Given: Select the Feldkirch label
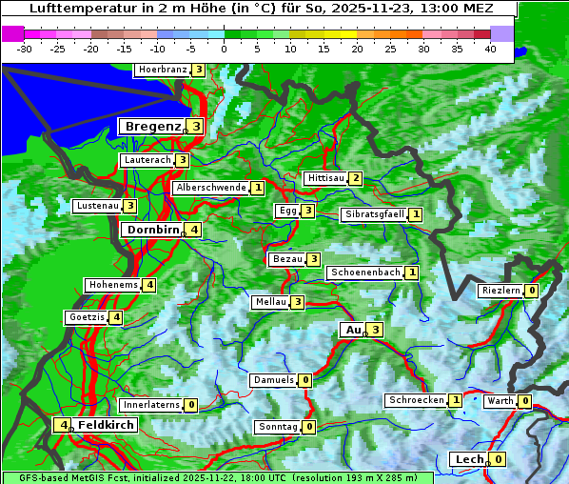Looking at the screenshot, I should coord(106,425).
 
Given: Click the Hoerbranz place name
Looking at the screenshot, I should coord(162,70).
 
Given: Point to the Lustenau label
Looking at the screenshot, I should coord(97,206).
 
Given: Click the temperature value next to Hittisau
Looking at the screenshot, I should coord(355,178).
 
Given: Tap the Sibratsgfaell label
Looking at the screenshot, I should coord(375,214).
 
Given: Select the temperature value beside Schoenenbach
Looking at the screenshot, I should coord(411,272).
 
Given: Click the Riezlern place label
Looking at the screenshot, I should coord(500,291).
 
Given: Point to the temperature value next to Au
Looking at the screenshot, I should coord(376,330).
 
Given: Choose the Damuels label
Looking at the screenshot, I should coord(273,380).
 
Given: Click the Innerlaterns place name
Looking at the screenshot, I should coord(151,405).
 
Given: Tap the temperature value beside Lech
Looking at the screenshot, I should coord(498,459).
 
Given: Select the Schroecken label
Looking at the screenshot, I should coord(416,400).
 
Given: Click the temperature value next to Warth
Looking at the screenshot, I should coord(524,401).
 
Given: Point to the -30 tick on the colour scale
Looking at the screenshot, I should coord(25,49).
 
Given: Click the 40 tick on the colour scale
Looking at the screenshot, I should coord(489,49).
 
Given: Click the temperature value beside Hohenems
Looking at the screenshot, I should coord(149,285).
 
